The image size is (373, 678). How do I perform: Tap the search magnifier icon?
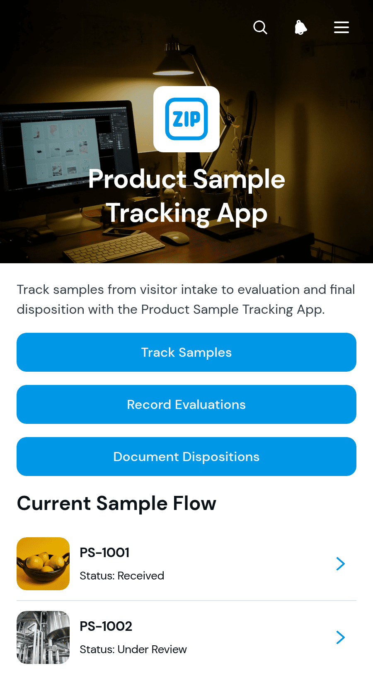point(260,28)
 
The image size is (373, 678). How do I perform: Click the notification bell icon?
point(300,28)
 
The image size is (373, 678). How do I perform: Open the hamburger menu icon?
point(342,28)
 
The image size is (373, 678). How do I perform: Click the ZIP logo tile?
point(186,119)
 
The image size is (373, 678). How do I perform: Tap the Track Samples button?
point(186,352)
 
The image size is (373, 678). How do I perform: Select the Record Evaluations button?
point(186,404)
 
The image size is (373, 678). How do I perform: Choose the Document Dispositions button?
point(186,457)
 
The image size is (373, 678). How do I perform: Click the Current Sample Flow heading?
point(116,503)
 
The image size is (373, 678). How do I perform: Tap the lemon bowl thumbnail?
point(43,564)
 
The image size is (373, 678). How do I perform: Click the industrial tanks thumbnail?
point(43,637)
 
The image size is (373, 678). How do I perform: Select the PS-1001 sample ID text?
point(104,553)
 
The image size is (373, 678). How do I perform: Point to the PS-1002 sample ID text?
point(106,626)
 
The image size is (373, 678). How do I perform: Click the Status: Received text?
point(122,576)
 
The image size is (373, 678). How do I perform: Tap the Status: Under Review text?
point(133,649)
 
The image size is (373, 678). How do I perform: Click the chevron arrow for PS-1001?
point(341,564)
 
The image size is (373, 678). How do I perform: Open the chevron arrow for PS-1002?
point(341,637)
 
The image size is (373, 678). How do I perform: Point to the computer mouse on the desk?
point(175,237)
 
